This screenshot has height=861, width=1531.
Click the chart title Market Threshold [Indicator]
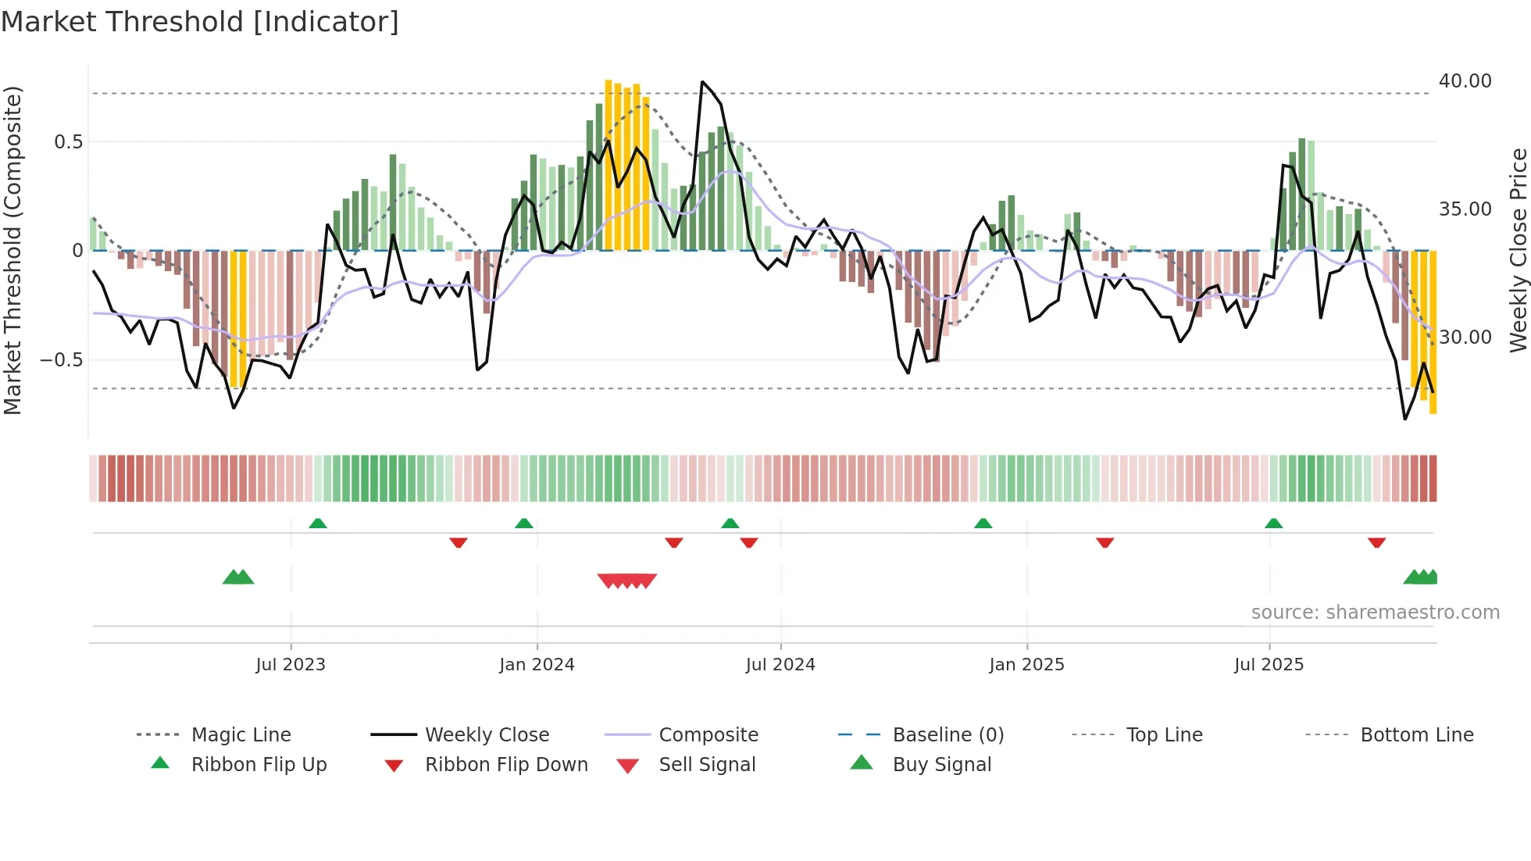coord(200,22)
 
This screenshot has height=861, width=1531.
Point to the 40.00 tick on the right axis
coord(1465,81)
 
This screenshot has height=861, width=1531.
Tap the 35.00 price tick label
coord(1465,209)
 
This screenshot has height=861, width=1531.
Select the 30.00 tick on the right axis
coord(1465,338)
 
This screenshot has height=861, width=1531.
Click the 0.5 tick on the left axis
coord(68,142)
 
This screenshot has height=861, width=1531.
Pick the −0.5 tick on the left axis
coord(61,360)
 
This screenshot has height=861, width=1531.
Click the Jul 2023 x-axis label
coord(291,665)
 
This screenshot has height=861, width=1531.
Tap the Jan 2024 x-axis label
coord(537,665)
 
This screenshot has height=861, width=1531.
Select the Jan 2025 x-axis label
coord(1026,665)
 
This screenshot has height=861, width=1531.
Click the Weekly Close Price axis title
coord(1518,250)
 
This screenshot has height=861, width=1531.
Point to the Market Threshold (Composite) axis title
coord(12,250)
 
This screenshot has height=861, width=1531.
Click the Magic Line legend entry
coord(241,735)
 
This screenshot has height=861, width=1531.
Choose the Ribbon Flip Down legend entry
coord(506,765)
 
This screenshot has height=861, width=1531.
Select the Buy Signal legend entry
coord(941,765)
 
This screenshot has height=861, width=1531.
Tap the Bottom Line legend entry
coord(1416,735)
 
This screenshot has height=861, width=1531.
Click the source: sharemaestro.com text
coord(1375,613)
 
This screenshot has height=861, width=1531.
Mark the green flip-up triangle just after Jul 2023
coord(318,523)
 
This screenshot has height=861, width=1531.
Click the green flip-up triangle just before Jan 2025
coord(983,523)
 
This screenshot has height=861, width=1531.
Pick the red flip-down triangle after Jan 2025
coord(1105,542)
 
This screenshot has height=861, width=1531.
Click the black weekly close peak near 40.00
coord(702,82)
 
